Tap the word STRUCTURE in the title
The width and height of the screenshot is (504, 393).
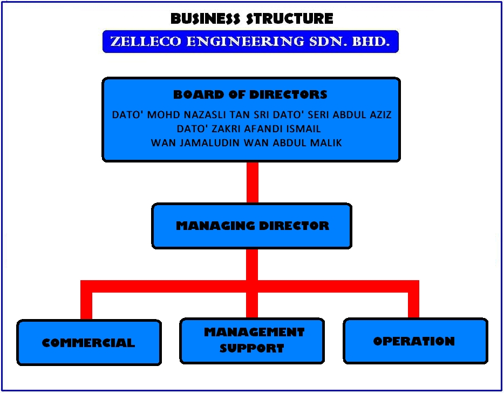click(x=289, y=19)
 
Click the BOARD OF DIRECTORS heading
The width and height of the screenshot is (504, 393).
click(x=250, y=95)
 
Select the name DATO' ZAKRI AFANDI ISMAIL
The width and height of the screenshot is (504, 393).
click(x=249, y=129)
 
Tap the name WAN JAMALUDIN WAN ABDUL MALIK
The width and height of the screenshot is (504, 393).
click(x=247, y=143)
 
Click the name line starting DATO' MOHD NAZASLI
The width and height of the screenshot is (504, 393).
click(x=251, y=115)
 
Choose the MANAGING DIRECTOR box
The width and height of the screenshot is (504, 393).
click(x=252, y=226)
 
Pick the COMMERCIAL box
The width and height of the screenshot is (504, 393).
click(x=89, y=343)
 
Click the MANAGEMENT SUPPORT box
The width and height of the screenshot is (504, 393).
click(x=253, y=340)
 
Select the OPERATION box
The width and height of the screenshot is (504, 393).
click(x=414, y=341)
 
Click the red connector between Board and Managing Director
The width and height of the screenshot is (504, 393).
click(x=252, y=182)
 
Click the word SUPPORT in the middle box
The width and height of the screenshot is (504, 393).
click(x=252, y=348)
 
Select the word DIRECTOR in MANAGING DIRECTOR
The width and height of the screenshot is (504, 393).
click(x=294, y=226)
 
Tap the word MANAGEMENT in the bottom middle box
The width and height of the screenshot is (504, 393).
click(x=254, y=332)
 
